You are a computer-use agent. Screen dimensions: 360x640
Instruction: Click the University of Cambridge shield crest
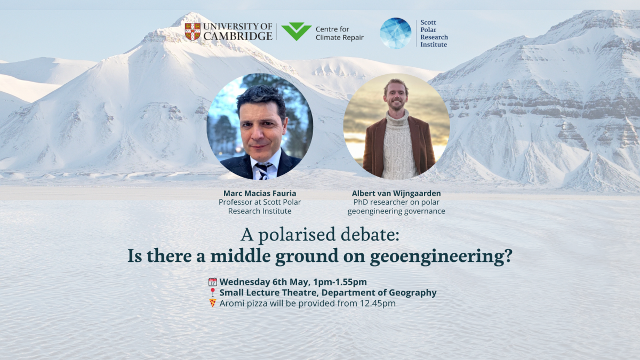[x=193, y=31]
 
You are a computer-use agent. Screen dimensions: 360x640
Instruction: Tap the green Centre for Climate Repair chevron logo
[x=296, y=31]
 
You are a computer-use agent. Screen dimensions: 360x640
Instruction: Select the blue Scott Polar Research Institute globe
[x=395, y=33]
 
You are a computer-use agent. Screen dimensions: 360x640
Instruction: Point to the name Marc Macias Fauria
[x=260, y=193]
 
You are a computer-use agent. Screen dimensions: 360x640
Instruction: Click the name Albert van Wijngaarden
[x=396, y=193]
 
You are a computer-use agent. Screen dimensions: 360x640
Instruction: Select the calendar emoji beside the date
[x=213, y=282]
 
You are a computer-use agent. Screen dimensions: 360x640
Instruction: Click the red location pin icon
[x=213, y=293]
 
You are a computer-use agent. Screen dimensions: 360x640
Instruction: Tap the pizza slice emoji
[x=213, y=303]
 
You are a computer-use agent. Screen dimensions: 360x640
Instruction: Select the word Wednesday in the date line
[x=244, y=282]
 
